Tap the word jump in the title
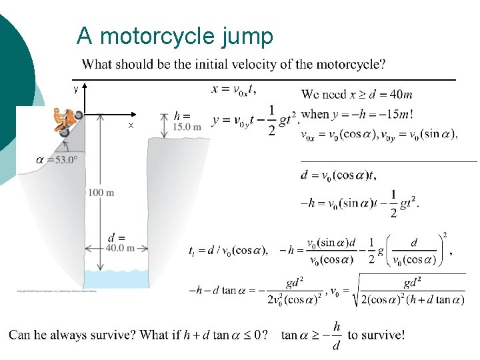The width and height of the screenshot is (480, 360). click(248, 37)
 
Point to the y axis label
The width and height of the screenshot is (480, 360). click(76, 88)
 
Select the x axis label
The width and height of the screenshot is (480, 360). click(131, 125)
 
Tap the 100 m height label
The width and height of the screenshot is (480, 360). click(101, 193)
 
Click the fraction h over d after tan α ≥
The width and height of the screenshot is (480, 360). click(337, 335)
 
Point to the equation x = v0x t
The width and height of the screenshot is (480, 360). click(234, 89)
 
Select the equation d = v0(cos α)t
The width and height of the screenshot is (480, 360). click(339, 176)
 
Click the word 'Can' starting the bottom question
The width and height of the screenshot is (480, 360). click(19, 335)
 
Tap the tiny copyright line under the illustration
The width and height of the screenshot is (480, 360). click(57, 291)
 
